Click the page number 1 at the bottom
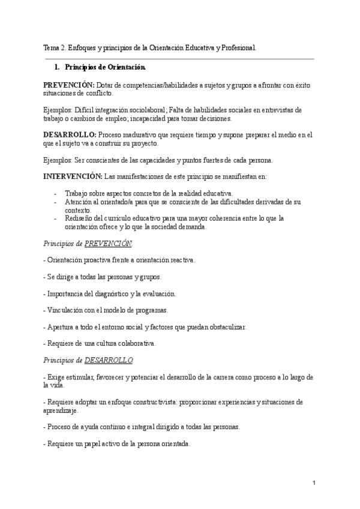tap(314, 483)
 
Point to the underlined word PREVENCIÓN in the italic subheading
tap(108, 244)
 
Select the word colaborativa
tap(136, 343)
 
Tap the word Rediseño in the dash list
tap(78, 218)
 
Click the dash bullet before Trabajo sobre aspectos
tap(55, 193)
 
